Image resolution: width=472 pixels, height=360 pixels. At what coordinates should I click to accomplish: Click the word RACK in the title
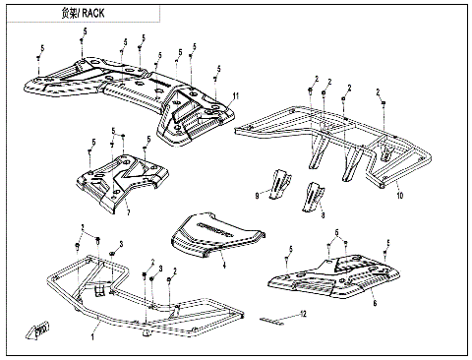click(93, 13)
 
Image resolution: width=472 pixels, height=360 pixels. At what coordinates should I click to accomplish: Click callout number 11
click(236, 96)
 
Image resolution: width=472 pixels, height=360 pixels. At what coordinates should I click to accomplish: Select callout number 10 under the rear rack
click(399, 196)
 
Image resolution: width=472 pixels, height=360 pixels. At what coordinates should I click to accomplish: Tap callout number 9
click(257, 196)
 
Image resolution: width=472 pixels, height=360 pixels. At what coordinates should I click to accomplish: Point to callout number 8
click(323, 215)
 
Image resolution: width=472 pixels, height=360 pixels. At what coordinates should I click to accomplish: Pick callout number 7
click(129, 212)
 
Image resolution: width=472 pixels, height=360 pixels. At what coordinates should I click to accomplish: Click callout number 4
click(224, 266)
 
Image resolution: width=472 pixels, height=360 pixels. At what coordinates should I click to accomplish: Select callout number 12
click(303, 314)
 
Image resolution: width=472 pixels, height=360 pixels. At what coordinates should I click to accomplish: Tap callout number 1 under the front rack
click(92, 336)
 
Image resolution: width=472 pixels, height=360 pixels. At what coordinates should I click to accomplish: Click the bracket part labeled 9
click(279, 184)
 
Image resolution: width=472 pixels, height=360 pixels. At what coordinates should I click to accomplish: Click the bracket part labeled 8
click(313, 197)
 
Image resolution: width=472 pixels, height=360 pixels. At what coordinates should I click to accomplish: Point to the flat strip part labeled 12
click(271, 321)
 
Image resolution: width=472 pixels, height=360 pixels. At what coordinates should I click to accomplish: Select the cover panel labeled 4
click(218, 235)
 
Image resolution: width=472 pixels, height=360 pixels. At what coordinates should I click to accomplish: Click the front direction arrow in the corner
click(36, 330)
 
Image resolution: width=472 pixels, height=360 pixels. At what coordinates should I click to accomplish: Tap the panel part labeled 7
click(123, 182)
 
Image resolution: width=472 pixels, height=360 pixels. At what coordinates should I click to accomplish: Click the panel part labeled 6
click(333, 276)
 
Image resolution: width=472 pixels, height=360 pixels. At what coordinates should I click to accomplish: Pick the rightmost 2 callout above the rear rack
click(378, 92)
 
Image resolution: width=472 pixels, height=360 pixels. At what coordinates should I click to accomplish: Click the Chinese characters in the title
click(69, 13)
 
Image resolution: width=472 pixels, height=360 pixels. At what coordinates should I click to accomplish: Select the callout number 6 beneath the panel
click(375, 303)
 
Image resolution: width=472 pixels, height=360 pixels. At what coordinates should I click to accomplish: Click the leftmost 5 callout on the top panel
click(42, 48)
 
